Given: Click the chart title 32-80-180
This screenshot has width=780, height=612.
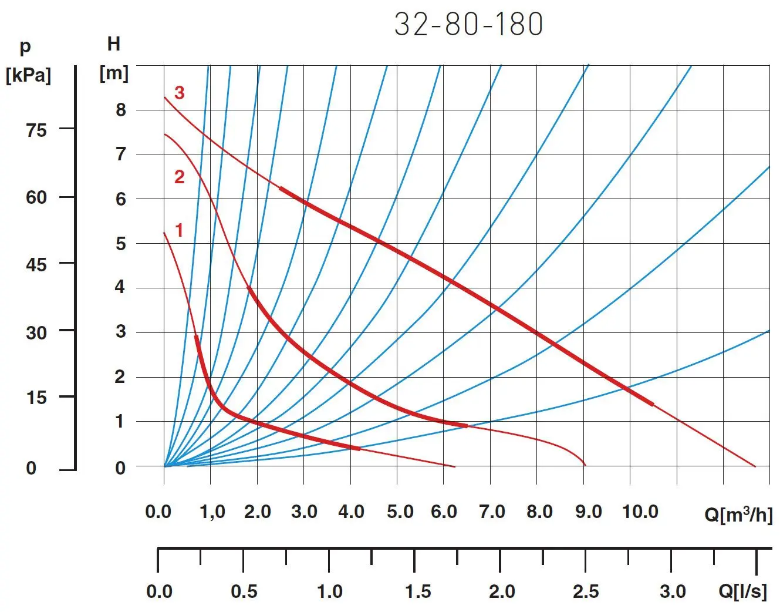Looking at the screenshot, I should (468, 25).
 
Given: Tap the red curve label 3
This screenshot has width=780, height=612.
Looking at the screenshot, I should (180, 93).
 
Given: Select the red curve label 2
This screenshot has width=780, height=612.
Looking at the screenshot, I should (180, 177).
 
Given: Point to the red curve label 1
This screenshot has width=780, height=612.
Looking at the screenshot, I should (179, 230).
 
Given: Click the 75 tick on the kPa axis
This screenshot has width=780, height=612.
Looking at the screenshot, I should (36, 130).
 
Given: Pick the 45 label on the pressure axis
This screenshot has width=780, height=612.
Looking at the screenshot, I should (36, 264).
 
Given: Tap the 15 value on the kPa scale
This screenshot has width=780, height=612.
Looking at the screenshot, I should (36, 398).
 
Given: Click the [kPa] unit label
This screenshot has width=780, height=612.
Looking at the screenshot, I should (28, 75).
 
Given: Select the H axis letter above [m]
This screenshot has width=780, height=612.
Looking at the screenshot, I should (114, 44).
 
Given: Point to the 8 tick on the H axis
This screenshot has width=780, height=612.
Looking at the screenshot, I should (120, 110).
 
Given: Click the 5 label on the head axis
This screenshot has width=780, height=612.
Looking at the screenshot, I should (120, 243).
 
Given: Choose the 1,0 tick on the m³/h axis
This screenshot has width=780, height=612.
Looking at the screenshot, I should (212, 512).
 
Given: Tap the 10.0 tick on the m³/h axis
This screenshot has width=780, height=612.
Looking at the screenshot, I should (640, 512).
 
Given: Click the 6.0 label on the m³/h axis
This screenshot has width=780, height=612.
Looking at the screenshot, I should (444, 512).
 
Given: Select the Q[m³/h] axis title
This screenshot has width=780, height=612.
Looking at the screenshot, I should (738, 515).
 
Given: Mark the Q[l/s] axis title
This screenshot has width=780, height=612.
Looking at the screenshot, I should (742, 591).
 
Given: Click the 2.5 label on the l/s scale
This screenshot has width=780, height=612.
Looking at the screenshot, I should (586, 591).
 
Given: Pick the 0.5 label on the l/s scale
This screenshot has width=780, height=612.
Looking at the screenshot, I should (244, 591).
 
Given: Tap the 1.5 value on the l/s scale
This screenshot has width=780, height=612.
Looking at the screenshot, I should (417, 591).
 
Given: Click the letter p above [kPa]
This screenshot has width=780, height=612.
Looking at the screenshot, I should (25, 47).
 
